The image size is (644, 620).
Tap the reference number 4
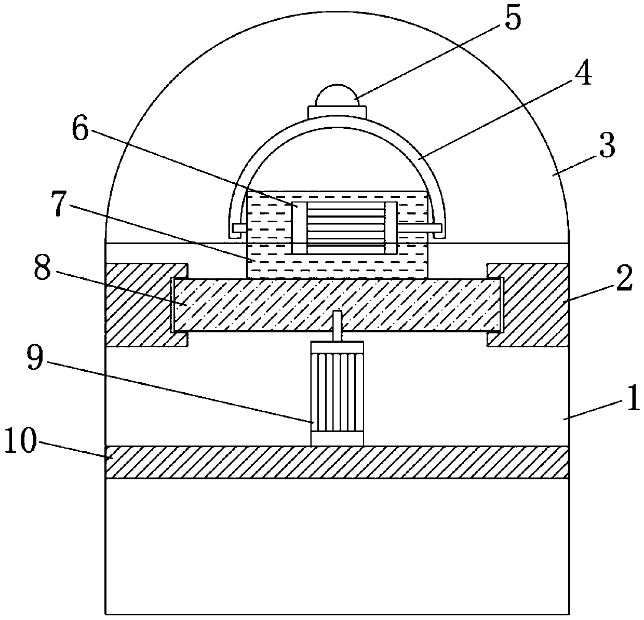point(582,75)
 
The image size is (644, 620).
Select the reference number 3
point(606,146)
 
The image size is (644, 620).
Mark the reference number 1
point(632,402)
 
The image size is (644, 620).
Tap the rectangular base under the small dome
point(337,112)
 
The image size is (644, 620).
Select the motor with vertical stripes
point(337,393)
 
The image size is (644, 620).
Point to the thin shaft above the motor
point(337,326)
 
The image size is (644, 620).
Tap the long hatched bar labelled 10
point(337,462)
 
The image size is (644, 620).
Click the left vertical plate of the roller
point(299,228)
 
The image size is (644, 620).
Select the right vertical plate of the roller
point(390,228)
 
